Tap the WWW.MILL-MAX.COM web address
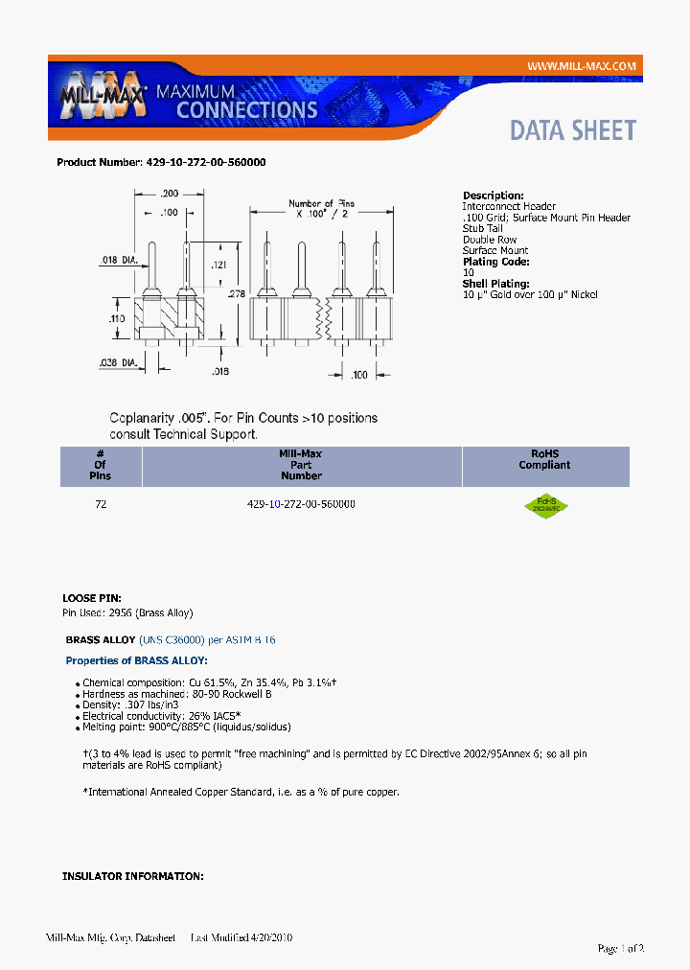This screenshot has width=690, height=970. (582, 66)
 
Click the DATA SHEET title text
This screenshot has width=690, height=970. (572, 130)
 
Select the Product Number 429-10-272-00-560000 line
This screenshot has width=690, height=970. (161, 162)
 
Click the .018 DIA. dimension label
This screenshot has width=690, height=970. (120, 260)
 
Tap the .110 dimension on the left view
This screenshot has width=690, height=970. (116, 316)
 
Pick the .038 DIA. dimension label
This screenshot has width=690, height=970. (120, 362)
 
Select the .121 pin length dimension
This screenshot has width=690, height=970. (218, 264)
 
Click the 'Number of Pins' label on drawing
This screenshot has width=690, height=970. (322, 203)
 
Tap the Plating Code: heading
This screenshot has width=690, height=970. (495, 262)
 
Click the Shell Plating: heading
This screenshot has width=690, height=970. (496, 284)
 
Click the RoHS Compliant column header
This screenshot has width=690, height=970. (544, 459)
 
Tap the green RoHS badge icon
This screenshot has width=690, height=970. (545, 503)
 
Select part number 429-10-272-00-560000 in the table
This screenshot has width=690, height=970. (301, 503)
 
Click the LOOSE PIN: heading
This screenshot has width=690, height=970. (92, 597)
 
